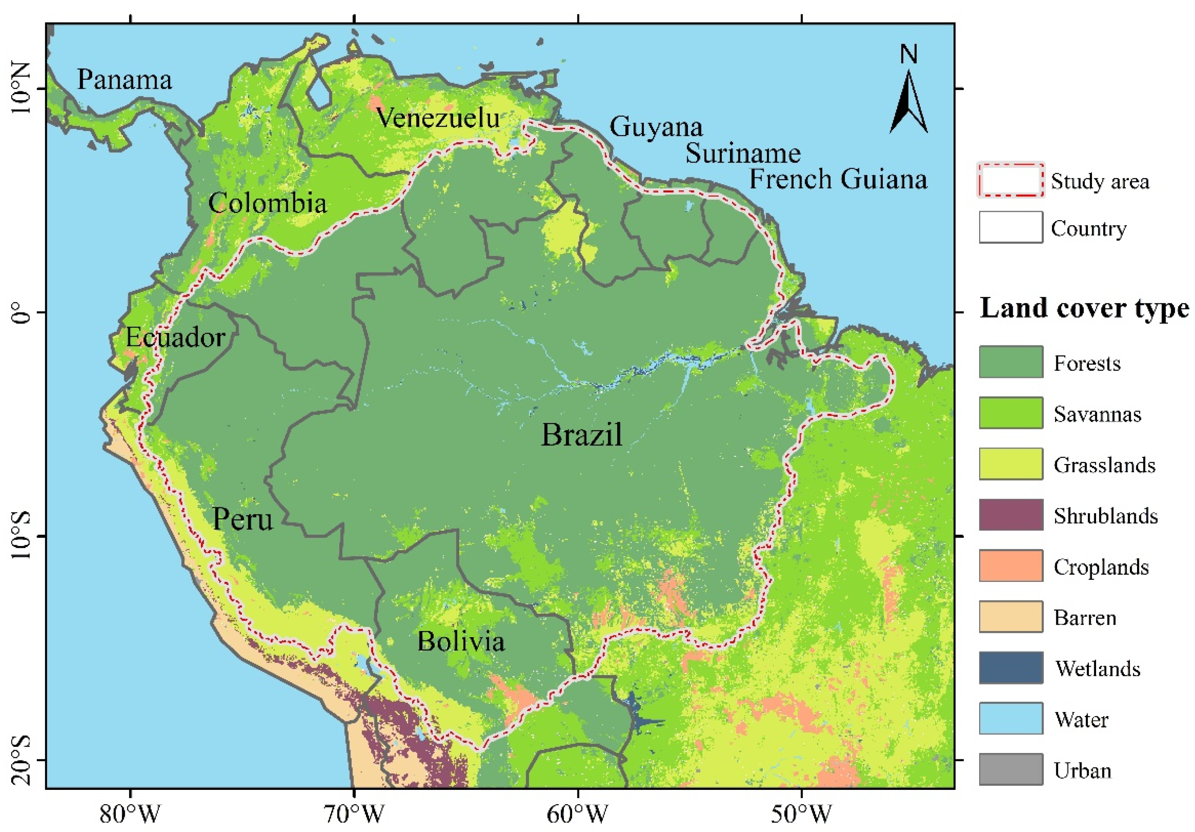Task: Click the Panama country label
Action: (x=125, y=80)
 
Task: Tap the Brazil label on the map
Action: (x=582, y=435)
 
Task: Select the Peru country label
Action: (x=243, y=519)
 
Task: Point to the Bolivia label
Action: (x=461, y=641)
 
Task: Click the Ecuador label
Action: (x=175, y=338)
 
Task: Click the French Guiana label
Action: (x=838, y=179)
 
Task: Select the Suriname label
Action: (x=743, y=153)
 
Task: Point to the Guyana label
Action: (x=656, y=126)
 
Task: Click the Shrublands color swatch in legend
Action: (x=1011, y=514)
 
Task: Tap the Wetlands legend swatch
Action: (x=1011, y=668)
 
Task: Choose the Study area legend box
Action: (x=1011, y=180)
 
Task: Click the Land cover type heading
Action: (x=1084, y=308)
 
